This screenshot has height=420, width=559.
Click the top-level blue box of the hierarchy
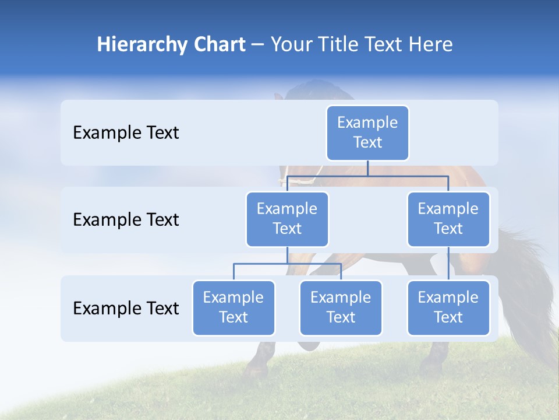[x=367, y=133]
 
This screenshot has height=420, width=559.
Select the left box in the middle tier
[x=287, y=219]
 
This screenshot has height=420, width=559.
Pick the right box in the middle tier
[x=448, y=219]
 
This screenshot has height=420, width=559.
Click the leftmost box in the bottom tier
[x=233, y=307]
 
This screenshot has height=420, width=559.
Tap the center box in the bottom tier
[x=341, y=307]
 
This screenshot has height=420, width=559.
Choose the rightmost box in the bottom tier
[x=448, y=307]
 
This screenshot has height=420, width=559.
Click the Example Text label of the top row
[x=126, y=133]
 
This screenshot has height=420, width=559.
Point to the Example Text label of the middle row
[x=126, y=220]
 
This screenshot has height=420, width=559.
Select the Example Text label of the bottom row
[x=126, y=308]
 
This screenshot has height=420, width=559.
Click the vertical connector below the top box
[x=367, y=168]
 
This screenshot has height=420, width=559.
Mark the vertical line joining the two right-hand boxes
[x=448, y=264]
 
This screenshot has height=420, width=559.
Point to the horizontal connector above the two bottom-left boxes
[x=287, y=264]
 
